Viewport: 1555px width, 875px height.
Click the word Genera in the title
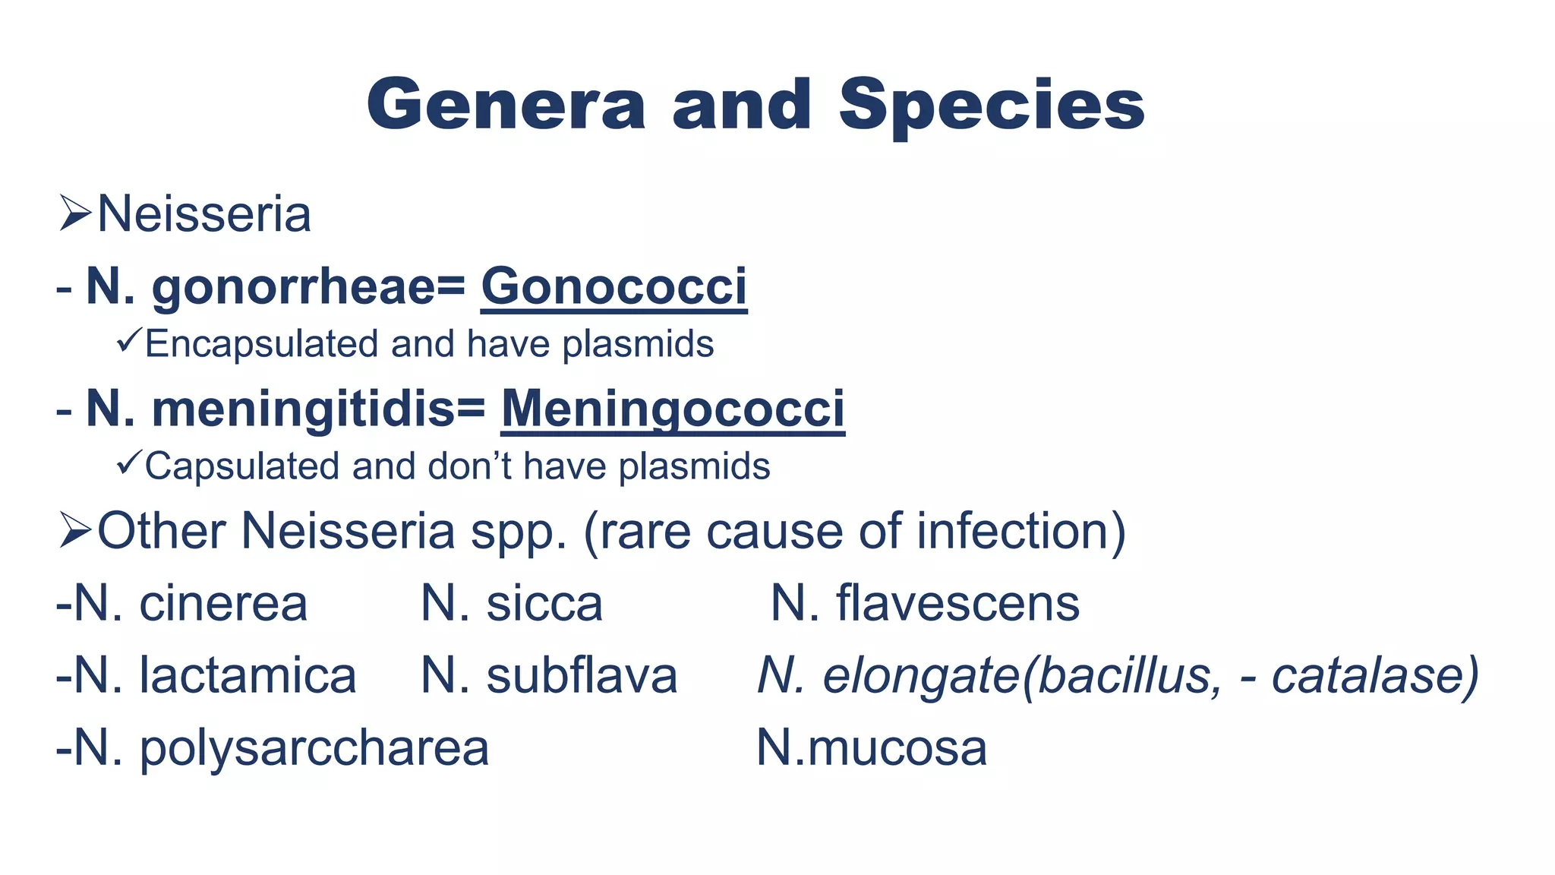(x=506, y=105)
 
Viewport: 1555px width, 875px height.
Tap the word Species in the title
(x=992, y=106)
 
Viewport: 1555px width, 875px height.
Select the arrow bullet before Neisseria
(x=75, y=213)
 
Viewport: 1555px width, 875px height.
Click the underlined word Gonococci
(x=613, y=286)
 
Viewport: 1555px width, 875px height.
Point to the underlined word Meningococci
(x=673, y=409)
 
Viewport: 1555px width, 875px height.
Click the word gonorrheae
(x=294, y=288)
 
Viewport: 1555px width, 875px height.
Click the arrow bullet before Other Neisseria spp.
(x=75, y=530)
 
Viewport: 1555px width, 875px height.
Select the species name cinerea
(x=223, y=604)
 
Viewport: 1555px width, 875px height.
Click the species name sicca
(x=544, y=604)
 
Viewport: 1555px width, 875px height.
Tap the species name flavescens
(x=957, y=604)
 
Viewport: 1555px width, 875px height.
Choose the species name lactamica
(x=248, y=675)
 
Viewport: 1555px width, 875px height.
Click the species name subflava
(x=582, y=675)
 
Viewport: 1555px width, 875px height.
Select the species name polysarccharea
(x=314, y=749)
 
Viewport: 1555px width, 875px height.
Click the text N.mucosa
(x=872, y=747)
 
